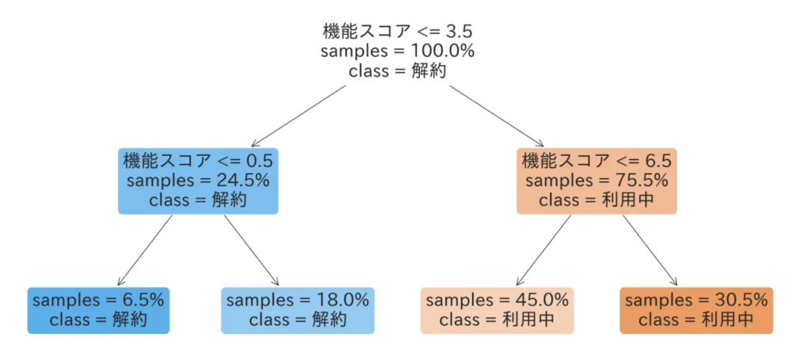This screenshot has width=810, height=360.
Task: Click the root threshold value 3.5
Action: point(459,31)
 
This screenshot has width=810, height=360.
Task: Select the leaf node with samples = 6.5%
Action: point(98,310)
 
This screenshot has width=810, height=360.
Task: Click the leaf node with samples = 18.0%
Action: point(297,310)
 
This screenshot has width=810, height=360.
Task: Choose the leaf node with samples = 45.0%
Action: point(497,310)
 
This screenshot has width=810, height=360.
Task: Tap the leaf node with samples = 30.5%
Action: point(696,310)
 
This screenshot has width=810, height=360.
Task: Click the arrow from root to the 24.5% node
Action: point(298,116)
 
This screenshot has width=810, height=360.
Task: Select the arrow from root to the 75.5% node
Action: point(498,116)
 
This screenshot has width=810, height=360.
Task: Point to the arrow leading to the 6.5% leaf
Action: point(146,250)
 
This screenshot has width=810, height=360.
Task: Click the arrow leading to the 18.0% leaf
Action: point(252,250)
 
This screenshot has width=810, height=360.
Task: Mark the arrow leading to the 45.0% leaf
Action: point(544,250)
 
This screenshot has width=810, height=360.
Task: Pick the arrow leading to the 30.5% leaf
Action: point(650,250)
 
